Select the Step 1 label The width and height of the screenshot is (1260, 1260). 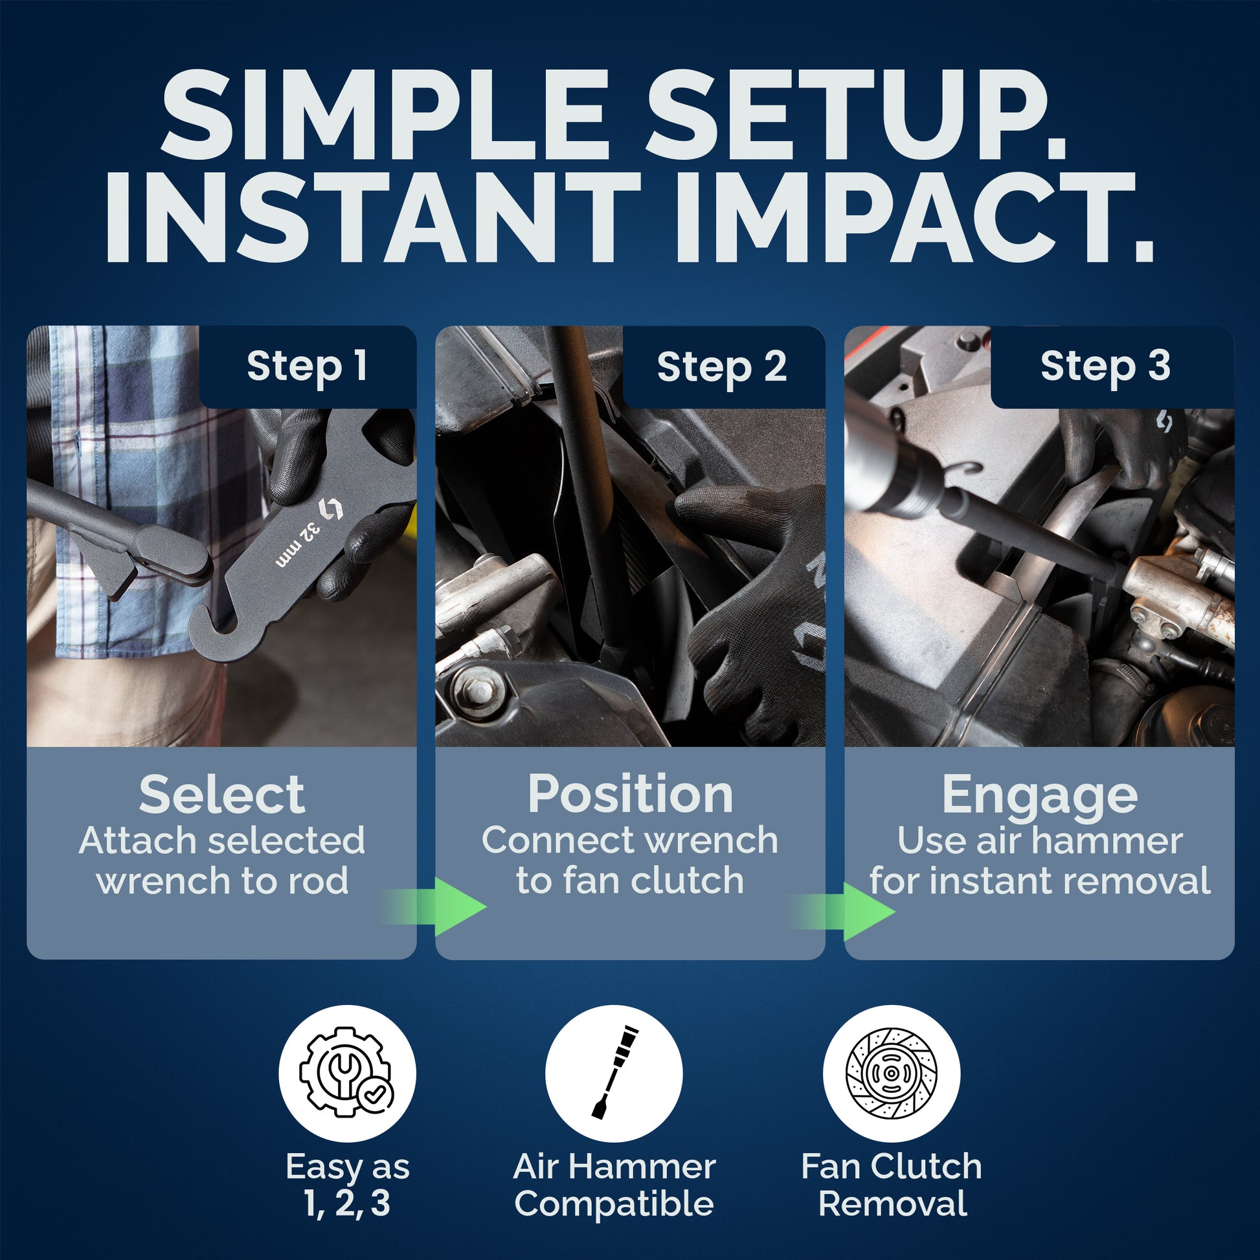306,366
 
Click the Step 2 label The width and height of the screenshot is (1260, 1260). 722,366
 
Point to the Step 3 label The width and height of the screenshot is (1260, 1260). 1105,366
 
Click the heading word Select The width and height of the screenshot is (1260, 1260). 221,794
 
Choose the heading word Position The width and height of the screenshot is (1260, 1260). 631,794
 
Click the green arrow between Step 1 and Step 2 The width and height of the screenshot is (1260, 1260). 433,906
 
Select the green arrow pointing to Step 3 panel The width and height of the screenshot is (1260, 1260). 842,911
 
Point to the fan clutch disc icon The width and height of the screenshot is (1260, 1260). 892,1073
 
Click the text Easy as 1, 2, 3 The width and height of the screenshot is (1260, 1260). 347,1185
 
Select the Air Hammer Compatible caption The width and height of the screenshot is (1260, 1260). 614,1185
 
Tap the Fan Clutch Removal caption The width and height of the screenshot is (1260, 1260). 892,1185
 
